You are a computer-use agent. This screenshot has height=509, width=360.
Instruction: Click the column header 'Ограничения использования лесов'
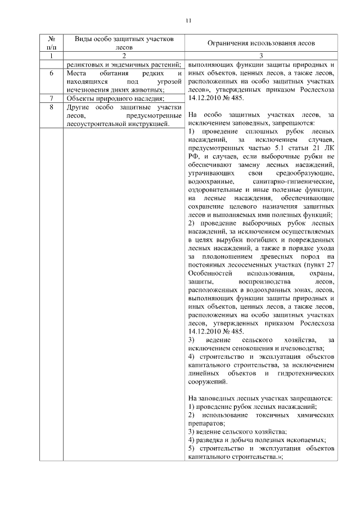pos(261,43)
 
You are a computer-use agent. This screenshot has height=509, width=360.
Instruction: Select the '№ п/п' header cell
pos(51,43)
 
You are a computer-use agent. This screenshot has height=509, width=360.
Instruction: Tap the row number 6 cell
pos(51,74)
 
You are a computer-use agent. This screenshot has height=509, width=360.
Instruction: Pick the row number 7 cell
pos(51,98)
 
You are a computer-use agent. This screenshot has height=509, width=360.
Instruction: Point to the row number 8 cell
pos(51,106)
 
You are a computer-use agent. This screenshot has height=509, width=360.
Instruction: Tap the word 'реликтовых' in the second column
pos(84,64)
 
